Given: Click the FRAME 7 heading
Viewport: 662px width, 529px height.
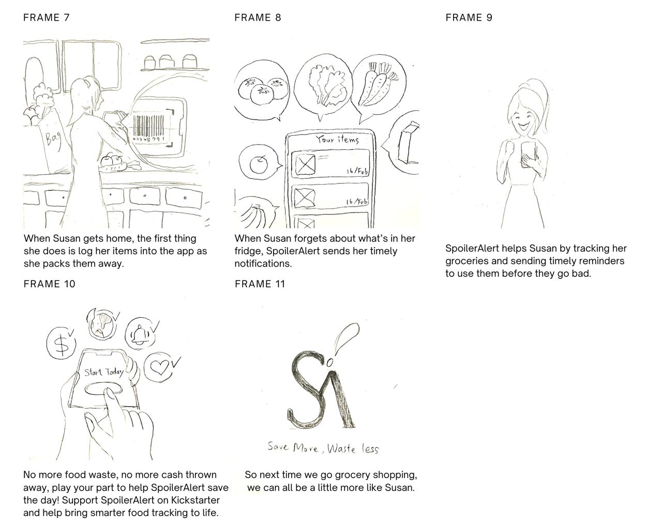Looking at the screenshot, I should (x=47, y=18).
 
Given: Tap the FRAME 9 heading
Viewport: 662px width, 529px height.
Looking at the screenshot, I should (x=469, y=18).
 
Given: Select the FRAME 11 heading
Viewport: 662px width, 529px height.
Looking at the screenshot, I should (x=260, y=284).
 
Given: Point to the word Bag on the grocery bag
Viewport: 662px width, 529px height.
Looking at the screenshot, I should (x=53, y=139).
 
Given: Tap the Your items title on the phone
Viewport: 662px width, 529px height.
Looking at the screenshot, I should (x=337, y=139).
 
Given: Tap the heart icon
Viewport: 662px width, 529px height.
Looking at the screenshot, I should (x=160, y=366).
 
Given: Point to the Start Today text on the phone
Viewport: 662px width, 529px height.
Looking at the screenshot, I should (x=104, y=372).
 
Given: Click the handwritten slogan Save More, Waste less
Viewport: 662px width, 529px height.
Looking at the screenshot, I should (x=323, y=448).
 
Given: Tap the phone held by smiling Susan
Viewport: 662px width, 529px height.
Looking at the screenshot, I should (x=528, y=153).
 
